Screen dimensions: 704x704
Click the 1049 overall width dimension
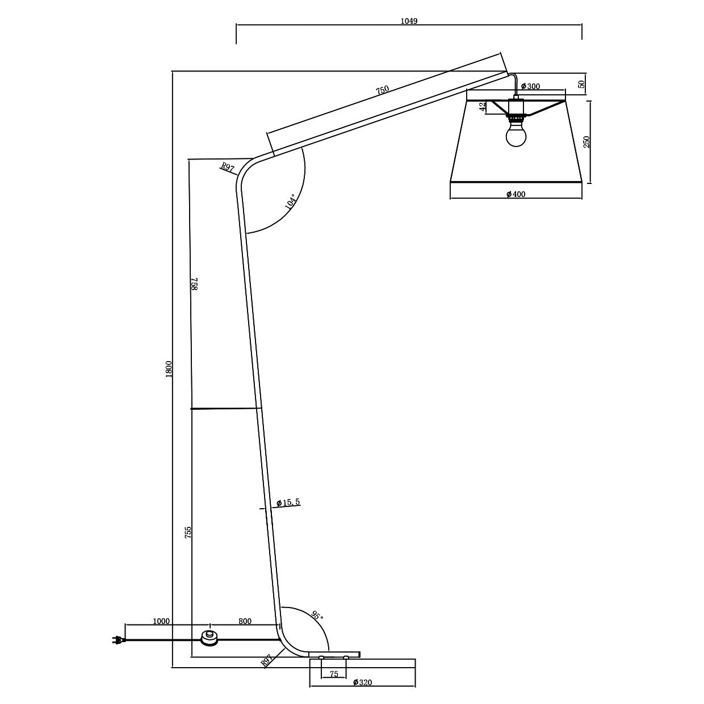[409, 21]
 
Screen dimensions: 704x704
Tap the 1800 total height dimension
[169, 369]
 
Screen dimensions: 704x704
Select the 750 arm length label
[383, 90]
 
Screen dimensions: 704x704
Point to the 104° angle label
[292, 202]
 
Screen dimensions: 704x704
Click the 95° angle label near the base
[317, 615]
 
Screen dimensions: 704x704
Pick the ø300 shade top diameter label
[530, 86]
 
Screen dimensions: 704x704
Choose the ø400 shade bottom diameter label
[516, 194]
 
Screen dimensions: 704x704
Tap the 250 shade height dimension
[586, 142]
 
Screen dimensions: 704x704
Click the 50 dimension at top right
[581, 83]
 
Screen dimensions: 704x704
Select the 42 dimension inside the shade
[482, 107]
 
